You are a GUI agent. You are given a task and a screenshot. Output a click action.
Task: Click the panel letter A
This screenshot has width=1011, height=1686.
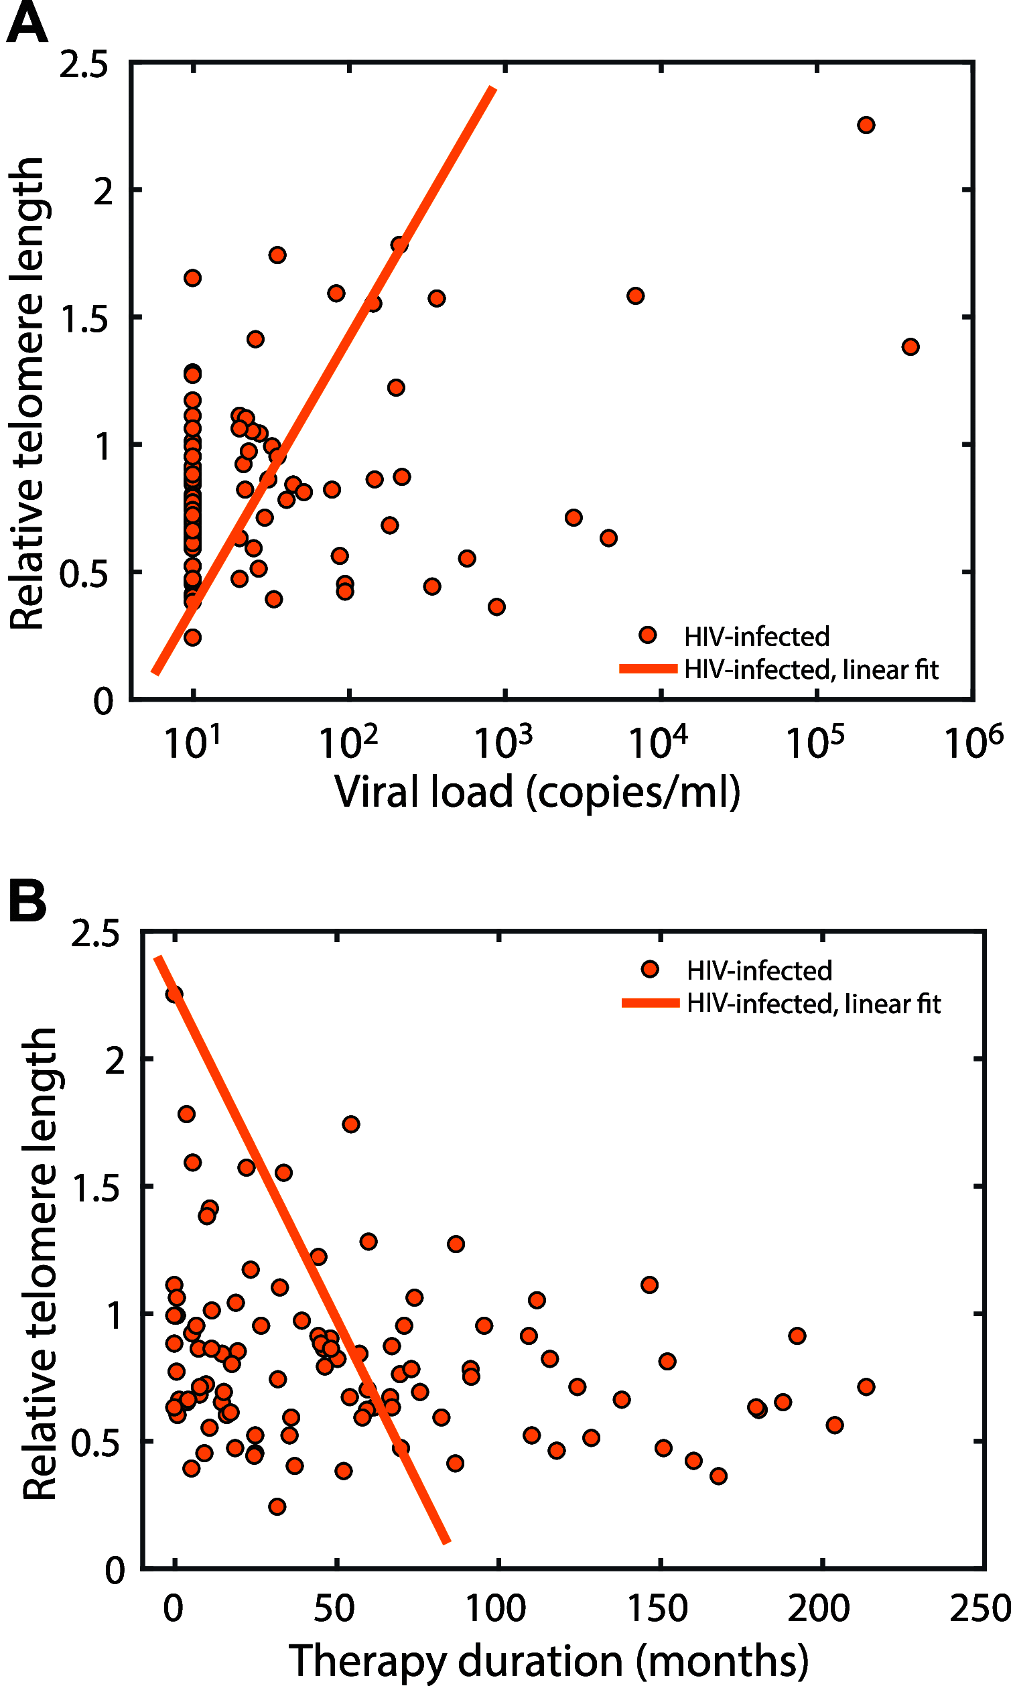(27, 24)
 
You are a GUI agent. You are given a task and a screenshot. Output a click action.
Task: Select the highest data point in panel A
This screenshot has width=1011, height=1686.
(865, 125)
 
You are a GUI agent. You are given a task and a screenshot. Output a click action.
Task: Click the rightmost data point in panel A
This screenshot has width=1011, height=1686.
(911, 346)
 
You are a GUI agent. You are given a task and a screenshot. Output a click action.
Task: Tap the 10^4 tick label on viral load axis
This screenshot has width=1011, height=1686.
(657, 742)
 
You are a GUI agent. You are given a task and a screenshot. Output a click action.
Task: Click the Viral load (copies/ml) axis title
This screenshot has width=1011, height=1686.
(537, 792)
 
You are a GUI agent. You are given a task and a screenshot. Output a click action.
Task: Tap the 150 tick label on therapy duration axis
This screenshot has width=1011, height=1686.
(657, 1608)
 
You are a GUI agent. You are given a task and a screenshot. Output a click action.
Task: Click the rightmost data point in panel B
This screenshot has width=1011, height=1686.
(865, 1386)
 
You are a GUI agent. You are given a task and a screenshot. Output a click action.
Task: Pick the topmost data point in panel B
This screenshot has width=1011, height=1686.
(174, 994)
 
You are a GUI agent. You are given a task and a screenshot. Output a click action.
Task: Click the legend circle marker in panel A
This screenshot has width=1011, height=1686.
(647, 635)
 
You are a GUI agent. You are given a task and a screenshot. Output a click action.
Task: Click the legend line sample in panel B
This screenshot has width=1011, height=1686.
(650, 1002)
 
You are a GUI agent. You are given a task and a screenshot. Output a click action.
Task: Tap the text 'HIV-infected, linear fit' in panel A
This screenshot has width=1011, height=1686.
(811, 669)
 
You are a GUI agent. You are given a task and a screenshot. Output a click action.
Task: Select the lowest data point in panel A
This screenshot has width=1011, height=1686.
(192, 638)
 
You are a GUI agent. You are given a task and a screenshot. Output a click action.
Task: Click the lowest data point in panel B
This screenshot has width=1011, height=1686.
(277, 1506)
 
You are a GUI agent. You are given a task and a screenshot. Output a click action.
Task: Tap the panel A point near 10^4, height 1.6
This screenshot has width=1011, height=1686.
(635, 296)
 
